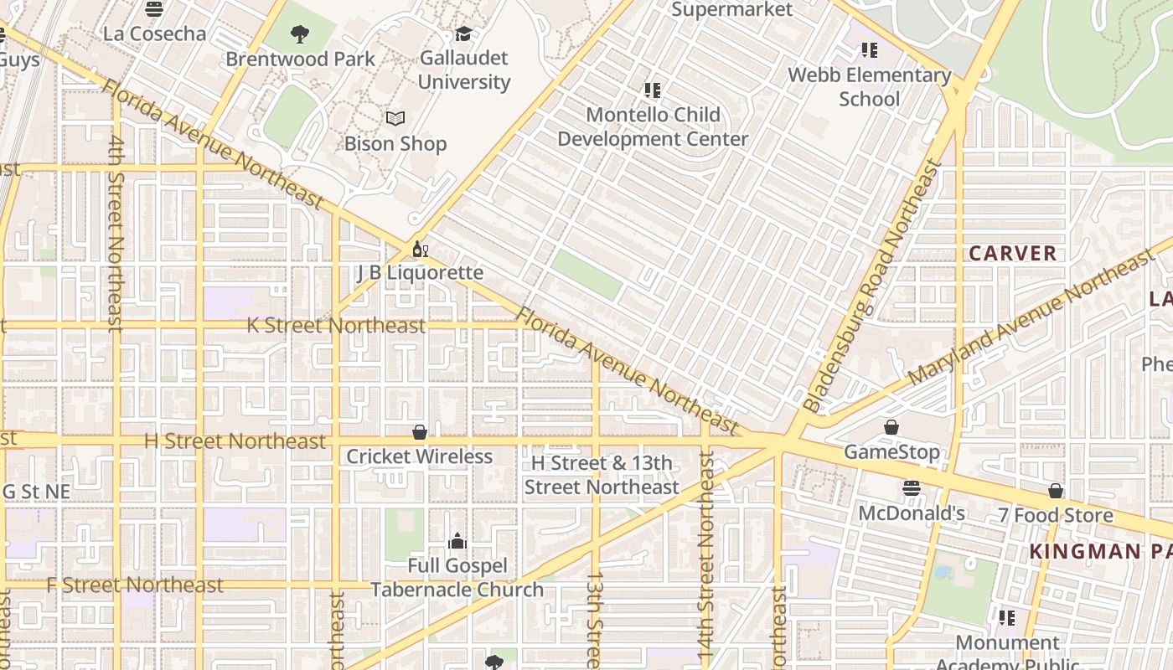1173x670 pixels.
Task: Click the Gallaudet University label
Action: pyautogui.click(x=463, y=70)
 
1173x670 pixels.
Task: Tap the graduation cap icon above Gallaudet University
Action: pyautogui.click(x=463, y=34)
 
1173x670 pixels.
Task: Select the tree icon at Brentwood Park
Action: pyautogui.click(x=299, y=34)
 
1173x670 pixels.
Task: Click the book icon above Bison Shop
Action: pyautogui.click(x=395, y=119)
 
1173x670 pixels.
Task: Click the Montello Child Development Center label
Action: pyautogui.click(x=653, y=126)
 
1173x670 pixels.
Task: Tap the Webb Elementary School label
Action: pyautogui.click(x=870, y=86)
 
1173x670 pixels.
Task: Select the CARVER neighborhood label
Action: pyautogui.click(x=1012, y=253)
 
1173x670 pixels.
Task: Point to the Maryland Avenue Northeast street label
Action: pyautogui.click(x=1031, y=318)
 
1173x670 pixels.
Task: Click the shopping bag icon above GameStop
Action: pyautogui.click(x=891, y=428)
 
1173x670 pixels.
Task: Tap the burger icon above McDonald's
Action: pyautogui.click(x=912, y=488)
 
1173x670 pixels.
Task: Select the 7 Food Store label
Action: pyautogui.click(x=1055, y=515)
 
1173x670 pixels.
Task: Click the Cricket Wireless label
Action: pyautogui.click(x=419, y=456)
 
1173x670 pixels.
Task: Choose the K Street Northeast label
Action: pyautogui.click(x=336, y=326)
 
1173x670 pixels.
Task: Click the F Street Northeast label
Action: pyautogui.click(x=135, y=585)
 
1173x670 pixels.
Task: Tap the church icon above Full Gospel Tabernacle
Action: pyautogui.click(x=457, y=541)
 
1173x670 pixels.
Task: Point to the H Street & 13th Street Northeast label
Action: pyautogui.click(x=602, y=475)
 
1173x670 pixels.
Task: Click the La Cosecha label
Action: pyautogui.click(x=154, y=33)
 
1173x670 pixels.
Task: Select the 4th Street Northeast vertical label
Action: pyautogui.click(x=116, y=234)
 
